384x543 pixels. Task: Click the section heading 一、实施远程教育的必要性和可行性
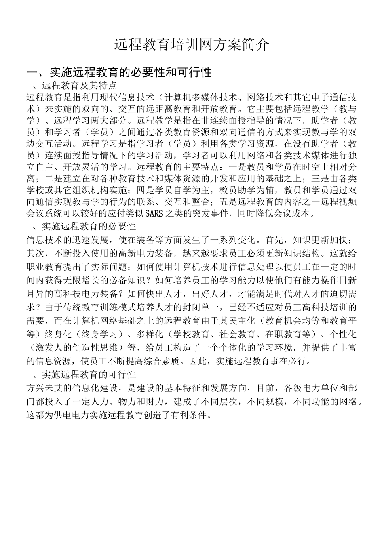point(119,73)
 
